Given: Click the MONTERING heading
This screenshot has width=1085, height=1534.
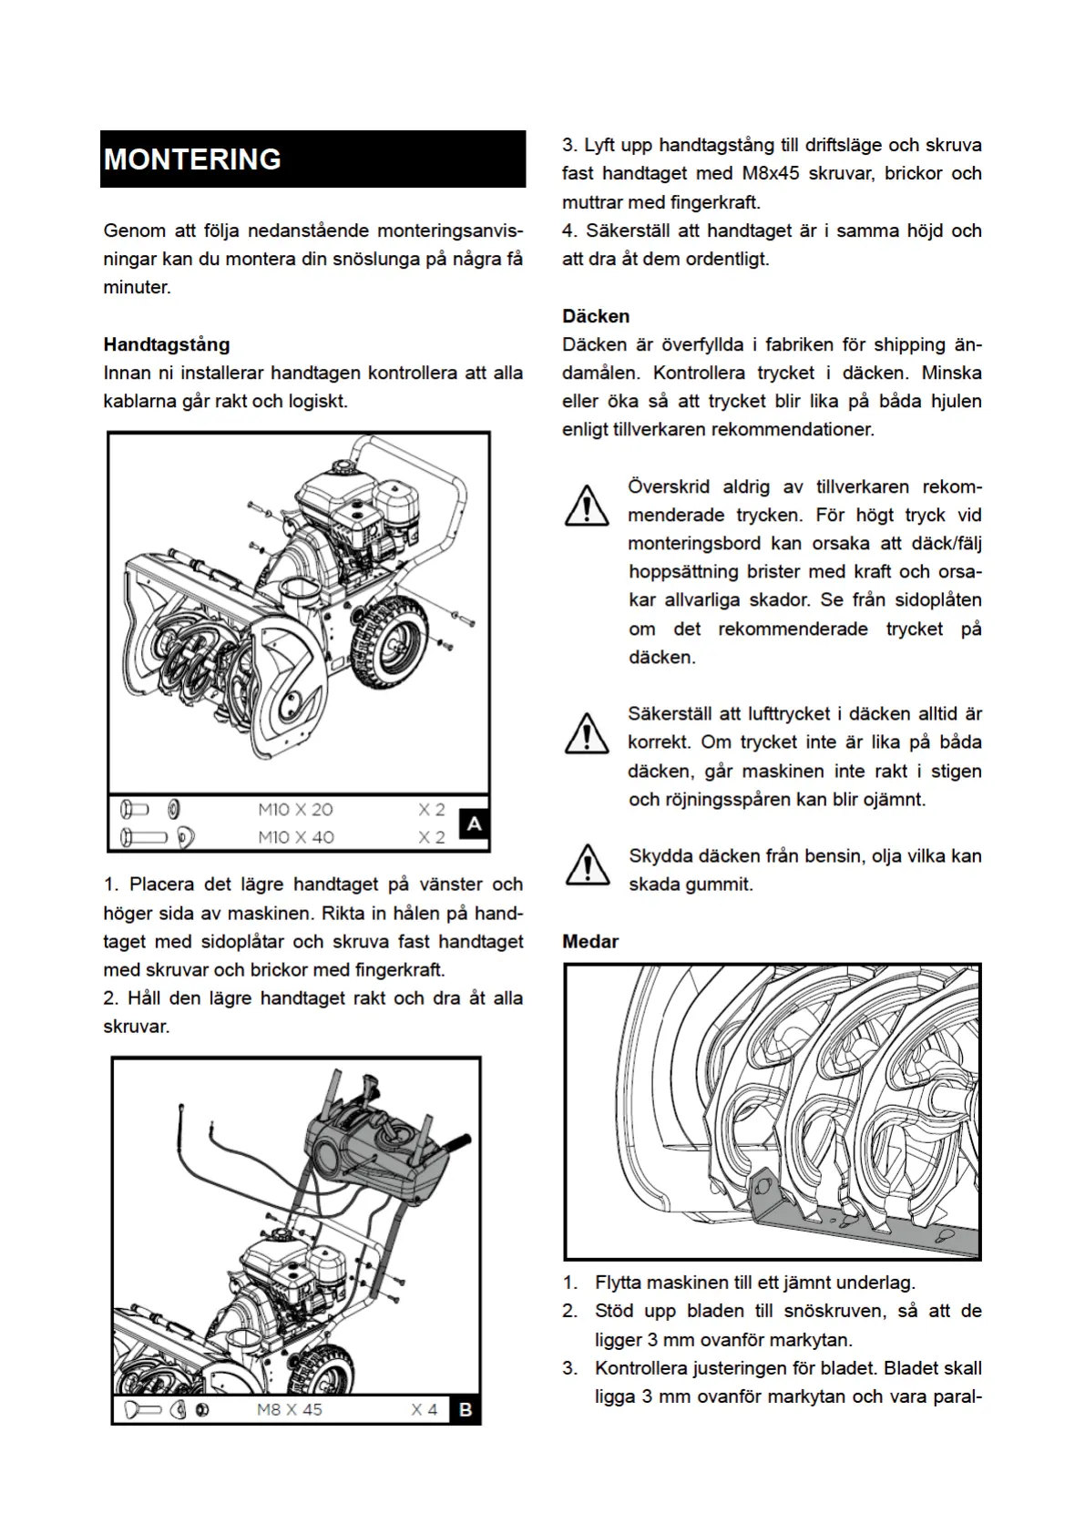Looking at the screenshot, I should click(x=192, y=159).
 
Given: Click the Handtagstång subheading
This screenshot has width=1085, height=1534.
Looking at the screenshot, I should click(x=166, y=344).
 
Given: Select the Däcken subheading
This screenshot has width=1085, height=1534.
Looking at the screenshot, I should click(x=596, y=316).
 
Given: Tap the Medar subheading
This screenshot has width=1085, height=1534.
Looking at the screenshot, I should click(x=590, y=941).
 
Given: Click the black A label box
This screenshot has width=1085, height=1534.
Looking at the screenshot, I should click(x=474, y=824).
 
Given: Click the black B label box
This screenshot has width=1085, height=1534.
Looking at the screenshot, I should click(x=466, y=1409).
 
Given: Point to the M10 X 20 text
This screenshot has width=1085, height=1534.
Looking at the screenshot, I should click(x=295, y=809).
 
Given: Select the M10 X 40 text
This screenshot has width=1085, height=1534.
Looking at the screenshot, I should click(x=295, y=836).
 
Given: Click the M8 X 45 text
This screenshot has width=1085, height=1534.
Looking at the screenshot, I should click(x=290, y=1409).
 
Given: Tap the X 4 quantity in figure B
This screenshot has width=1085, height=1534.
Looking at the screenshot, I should click(x=424, y=1409).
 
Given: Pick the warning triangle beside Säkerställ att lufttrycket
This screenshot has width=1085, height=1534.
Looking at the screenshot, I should click(x=588, y=732).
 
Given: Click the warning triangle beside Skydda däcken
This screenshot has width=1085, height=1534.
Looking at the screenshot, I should click(x=588, y=864).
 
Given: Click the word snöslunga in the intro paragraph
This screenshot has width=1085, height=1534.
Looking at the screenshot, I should click(x=374, y=259).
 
